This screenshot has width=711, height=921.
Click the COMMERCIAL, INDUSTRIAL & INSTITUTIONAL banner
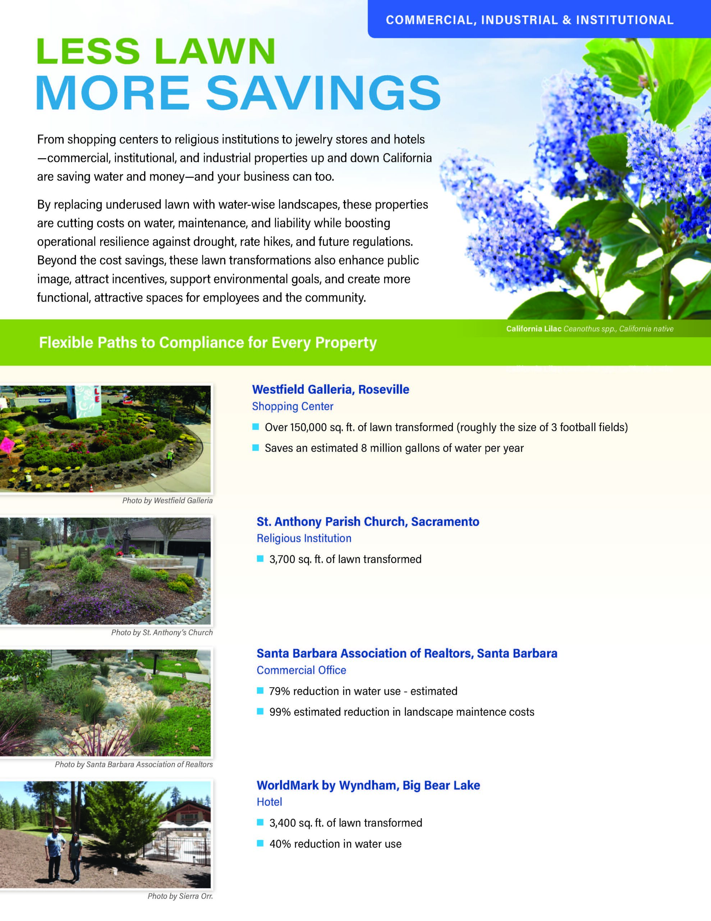(529, 20)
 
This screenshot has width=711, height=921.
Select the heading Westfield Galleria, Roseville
(330, 389)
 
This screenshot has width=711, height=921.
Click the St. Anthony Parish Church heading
(367, 522)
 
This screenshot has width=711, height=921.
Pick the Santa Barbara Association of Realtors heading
(407, 653)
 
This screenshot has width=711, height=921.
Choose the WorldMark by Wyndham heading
(368, 785)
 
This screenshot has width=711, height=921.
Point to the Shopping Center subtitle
(293, 406)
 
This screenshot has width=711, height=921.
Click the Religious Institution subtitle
(304, 538)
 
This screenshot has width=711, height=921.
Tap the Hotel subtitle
(269, 802)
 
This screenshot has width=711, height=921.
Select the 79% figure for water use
(279, 691)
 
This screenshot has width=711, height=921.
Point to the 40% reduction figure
(279, 844)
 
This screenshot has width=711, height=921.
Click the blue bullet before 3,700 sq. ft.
(260, 559)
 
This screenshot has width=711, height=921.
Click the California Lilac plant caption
(589, 328)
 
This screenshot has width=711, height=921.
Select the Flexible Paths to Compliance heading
(208, 342)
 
